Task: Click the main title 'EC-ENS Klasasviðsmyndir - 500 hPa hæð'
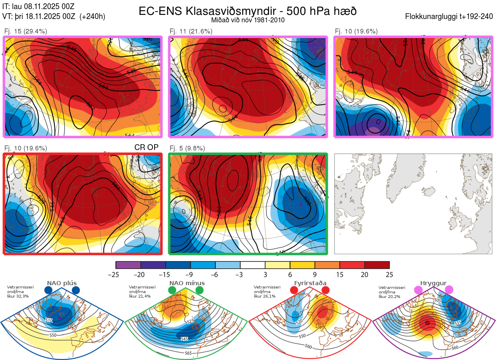[x=248, y=11]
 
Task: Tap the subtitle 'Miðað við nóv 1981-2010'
[x=248, y=20]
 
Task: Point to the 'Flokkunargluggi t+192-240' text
[x=449, y=17]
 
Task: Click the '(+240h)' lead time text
[x=93, y=17]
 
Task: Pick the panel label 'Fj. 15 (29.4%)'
[x=26, y=31]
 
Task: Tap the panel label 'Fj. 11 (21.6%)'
[x=191, y=31]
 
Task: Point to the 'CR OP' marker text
[x=146, y=148]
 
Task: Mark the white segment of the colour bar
[x=253, y=265]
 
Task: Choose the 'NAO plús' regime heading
[x=62, y=283]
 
